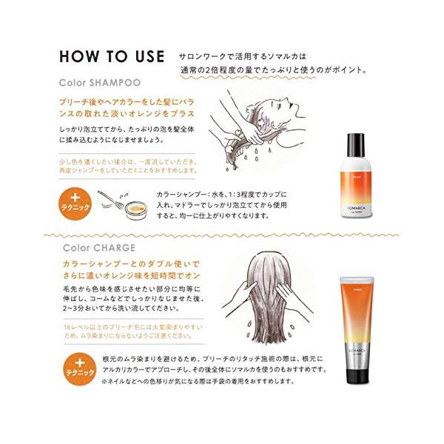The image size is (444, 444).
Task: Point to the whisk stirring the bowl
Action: (x=112, y=198)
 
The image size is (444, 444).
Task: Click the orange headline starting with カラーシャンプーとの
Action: (x=122, y=270)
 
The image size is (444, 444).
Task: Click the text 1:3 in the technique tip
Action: (x=249, y=195)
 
